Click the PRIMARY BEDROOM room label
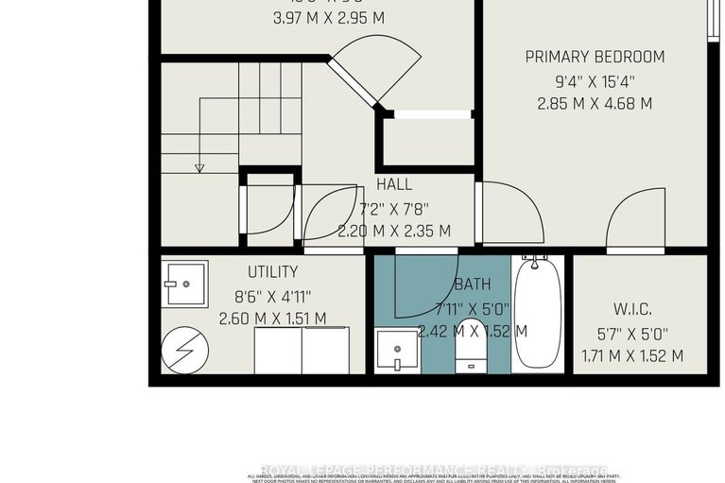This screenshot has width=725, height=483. click(x=595, y=57)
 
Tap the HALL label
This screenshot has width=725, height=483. click(x=394, y=184)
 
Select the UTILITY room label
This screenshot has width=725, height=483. click(x=273, y=271)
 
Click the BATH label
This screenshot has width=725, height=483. click(x=472, y=284)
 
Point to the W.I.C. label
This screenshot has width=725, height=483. click(x=632, y=309)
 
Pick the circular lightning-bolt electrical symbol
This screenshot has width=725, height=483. click(x=183, y=350)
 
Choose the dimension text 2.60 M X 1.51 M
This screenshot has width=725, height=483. click(x=273, y=319)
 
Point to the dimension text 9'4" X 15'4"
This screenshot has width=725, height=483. click(x=596, y=80)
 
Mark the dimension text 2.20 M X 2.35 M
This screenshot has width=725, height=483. click(x=394, y=231)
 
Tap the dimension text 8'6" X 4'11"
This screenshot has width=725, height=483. click(x=273, y=295)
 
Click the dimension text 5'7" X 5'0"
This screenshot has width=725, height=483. click(x=632, y=334)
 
